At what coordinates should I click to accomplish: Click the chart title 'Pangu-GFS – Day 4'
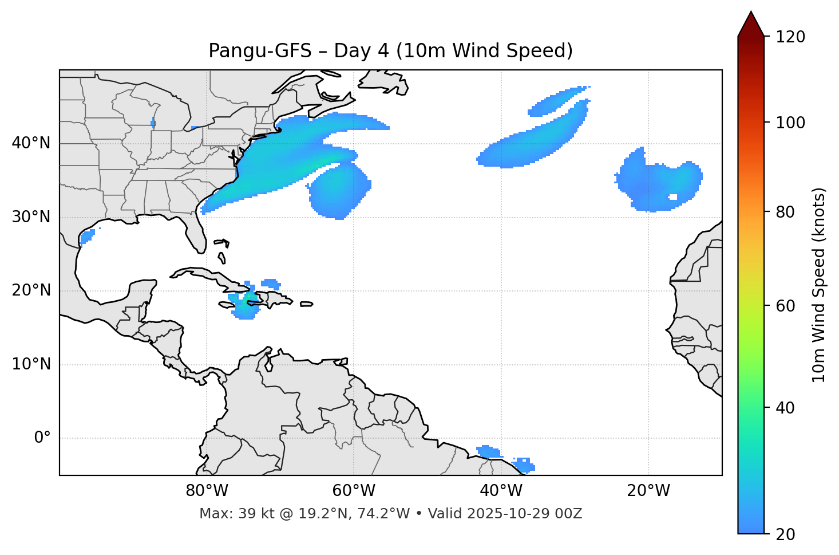pos(390,51)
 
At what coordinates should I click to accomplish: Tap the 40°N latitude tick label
pos(31,143)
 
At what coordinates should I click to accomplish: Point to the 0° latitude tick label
pos(42,438)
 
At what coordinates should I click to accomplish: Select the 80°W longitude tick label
pos(207,491)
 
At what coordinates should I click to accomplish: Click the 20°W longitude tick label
pos(648,491)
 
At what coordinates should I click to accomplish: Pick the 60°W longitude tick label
pos(354,491)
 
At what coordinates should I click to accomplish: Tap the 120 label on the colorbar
pos(790,37)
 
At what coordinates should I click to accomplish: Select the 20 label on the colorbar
pos(785,534)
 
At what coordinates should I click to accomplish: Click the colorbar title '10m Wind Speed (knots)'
pos(819,285)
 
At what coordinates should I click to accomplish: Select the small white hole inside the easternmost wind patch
pos(673,197)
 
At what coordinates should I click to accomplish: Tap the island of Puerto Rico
pos(307,304)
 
